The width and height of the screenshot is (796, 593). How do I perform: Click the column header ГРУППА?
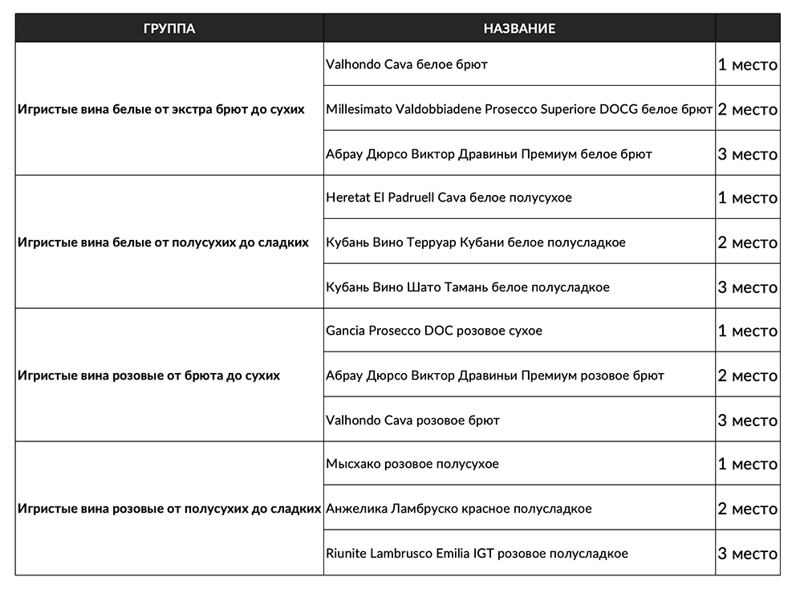point(169,28)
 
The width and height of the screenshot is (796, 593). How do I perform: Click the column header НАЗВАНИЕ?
point(519,28)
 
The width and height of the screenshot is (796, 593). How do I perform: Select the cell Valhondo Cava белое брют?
point(407,64)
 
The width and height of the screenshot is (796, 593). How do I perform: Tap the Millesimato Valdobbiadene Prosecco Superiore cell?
point(519,109)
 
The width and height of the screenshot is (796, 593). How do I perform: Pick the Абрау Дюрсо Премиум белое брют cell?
point(489,153)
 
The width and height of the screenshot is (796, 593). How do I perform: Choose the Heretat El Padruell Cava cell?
point(449,197)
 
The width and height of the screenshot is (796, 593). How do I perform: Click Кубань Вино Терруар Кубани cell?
point(475,242)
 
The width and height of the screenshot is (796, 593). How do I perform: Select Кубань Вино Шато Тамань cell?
point(467,287)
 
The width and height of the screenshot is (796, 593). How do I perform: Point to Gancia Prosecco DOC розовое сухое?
point(434,331)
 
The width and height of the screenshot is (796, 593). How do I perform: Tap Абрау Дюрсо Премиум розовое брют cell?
point(495,376)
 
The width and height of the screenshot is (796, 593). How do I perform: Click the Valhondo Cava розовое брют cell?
point(412,420)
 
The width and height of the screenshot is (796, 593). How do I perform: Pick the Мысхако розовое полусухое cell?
point(412,464)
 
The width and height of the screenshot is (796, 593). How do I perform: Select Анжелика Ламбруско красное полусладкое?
point(458,509)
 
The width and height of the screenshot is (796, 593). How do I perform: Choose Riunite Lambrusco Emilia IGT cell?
point(477,554)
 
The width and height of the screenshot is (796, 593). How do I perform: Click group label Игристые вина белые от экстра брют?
point(160,109)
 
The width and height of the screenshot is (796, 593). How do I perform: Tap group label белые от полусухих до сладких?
point(163,242)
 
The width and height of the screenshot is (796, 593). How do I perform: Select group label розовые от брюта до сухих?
point(148,376)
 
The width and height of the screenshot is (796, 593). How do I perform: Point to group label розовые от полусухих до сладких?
point(169,509)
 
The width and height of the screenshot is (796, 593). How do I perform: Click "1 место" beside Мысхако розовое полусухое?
point(747,464)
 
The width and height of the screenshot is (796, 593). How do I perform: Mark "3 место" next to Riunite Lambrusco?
point(747,554)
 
